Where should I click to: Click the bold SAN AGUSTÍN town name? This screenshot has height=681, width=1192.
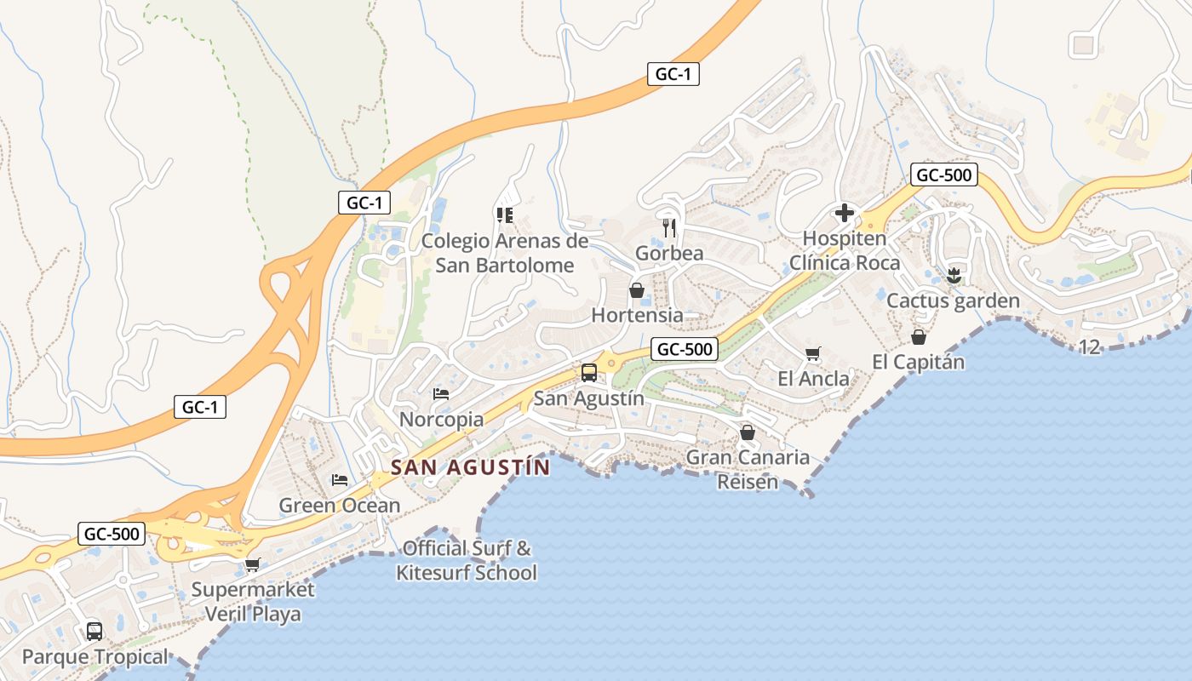pos(470,467)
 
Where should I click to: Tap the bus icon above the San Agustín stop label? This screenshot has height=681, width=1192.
pos(588,372)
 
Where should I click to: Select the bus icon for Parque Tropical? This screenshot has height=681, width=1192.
pos(95,632)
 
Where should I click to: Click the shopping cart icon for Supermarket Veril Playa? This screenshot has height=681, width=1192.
pos(252,564)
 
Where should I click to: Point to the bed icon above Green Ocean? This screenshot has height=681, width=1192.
pos(340,480)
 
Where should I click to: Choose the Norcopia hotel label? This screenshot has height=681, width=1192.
pos(441,420)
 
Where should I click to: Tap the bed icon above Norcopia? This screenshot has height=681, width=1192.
pos(441,393)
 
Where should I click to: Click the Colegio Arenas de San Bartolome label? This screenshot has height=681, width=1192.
pos(505,253)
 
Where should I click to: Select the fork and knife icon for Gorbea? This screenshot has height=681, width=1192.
pos(669,227)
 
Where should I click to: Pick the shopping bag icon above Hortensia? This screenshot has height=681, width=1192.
pos(636,290)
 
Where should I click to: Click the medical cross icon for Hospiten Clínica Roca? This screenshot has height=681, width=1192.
pos(845,212)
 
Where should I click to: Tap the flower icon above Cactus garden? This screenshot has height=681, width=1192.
pos(954,275)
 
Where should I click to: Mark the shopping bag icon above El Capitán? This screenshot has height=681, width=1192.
pos(918,337)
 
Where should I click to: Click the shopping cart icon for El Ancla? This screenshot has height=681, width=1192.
pos(812,353)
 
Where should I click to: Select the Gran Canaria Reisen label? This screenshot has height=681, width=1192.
pos(748,469)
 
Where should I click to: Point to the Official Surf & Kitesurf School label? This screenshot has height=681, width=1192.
pos(467,560)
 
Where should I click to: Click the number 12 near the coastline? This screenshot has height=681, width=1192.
pos(1089,346)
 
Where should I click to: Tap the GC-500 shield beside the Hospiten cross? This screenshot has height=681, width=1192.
pos(943,175)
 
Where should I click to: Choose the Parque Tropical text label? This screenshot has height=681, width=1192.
pos(95,657)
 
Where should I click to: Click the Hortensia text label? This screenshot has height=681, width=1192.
pos(637,315)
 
